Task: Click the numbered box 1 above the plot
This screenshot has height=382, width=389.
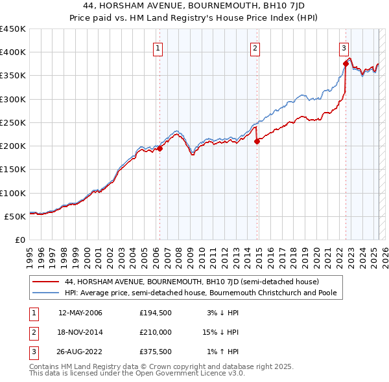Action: point(158,47)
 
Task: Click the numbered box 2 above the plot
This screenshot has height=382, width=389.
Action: point(255,47)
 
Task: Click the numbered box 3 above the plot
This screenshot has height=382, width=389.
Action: point(344,47)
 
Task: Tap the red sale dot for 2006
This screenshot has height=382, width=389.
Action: point(159,148)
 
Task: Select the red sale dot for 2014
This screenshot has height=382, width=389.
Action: point(257,141)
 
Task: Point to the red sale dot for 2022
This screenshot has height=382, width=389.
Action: point(346,63)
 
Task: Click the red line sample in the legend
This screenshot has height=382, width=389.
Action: point(45,282)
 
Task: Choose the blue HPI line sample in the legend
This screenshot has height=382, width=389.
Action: point(45,293)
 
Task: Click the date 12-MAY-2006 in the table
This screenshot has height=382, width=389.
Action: point(80,313)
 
